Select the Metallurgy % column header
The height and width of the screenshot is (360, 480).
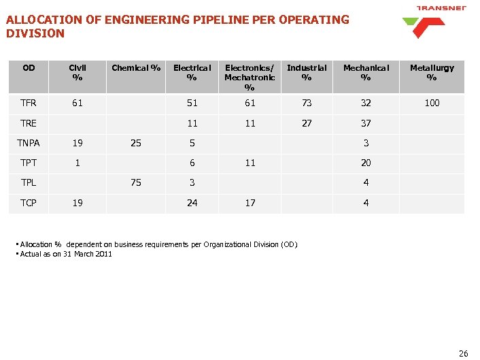[x=432, y=73]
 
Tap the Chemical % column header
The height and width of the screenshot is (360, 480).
[x=136, y=68]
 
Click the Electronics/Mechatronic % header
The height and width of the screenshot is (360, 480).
[x=250, y=78]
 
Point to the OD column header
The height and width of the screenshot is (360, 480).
[x=29, y=68]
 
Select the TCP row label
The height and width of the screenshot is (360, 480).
[x=29, y=203]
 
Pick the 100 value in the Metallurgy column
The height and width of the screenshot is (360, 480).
[x=432, y=103]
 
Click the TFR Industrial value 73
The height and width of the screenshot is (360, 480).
[x=307, y=103]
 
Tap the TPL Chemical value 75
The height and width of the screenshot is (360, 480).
[x=136, y=183]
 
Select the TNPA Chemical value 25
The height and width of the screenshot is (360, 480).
[x=136, y=144]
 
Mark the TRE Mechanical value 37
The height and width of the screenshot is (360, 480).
[x=366, y=124]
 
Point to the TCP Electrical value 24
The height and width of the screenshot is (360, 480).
[x=192, y=203]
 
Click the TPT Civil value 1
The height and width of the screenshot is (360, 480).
[x=78, y=163]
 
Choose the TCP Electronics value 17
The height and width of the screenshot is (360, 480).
[x=250, y=203]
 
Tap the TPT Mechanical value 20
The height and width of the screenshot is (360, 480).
[x=366, y=163]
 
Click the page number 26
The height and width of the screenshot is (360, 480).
[x=464, y=353]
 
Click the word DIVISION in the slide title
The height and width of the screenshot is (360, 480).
[x=35, y=33]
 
